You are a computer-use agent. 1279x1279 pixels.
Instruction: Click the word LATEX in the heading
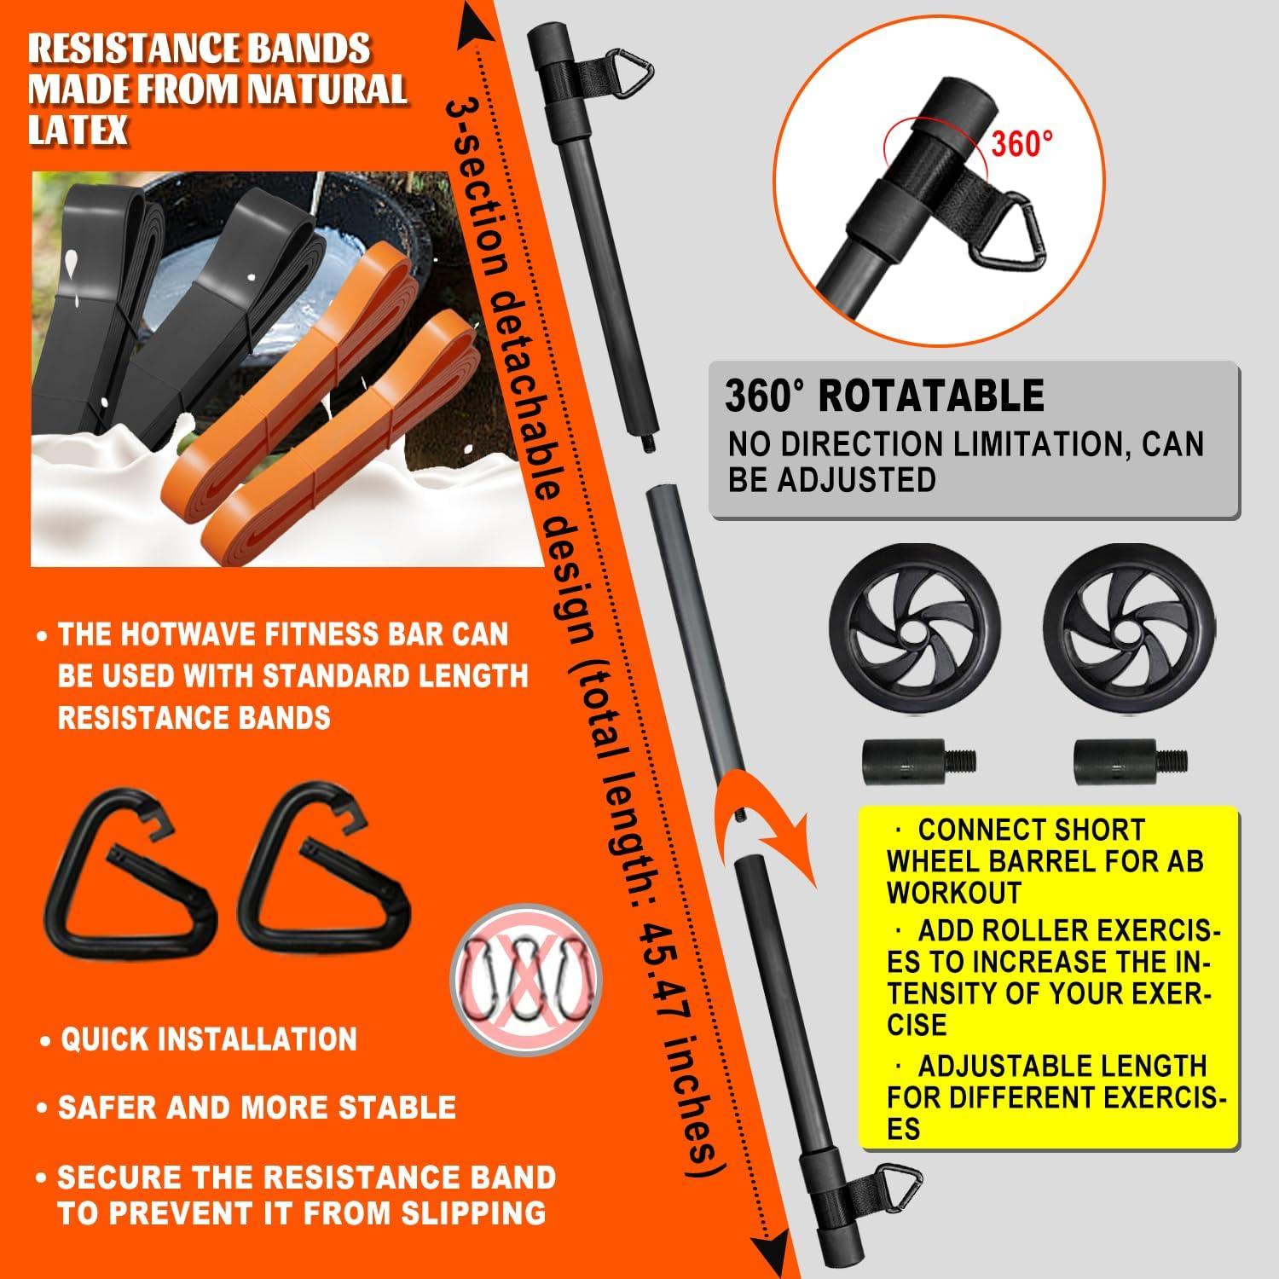[x=78, y=130]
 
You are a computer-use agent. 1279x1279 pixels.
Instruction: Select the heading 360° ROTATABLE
[x=884, y=396]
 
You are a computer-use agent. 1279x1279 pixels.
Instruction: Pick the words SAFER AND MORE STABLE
[x=257, y=1108]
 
